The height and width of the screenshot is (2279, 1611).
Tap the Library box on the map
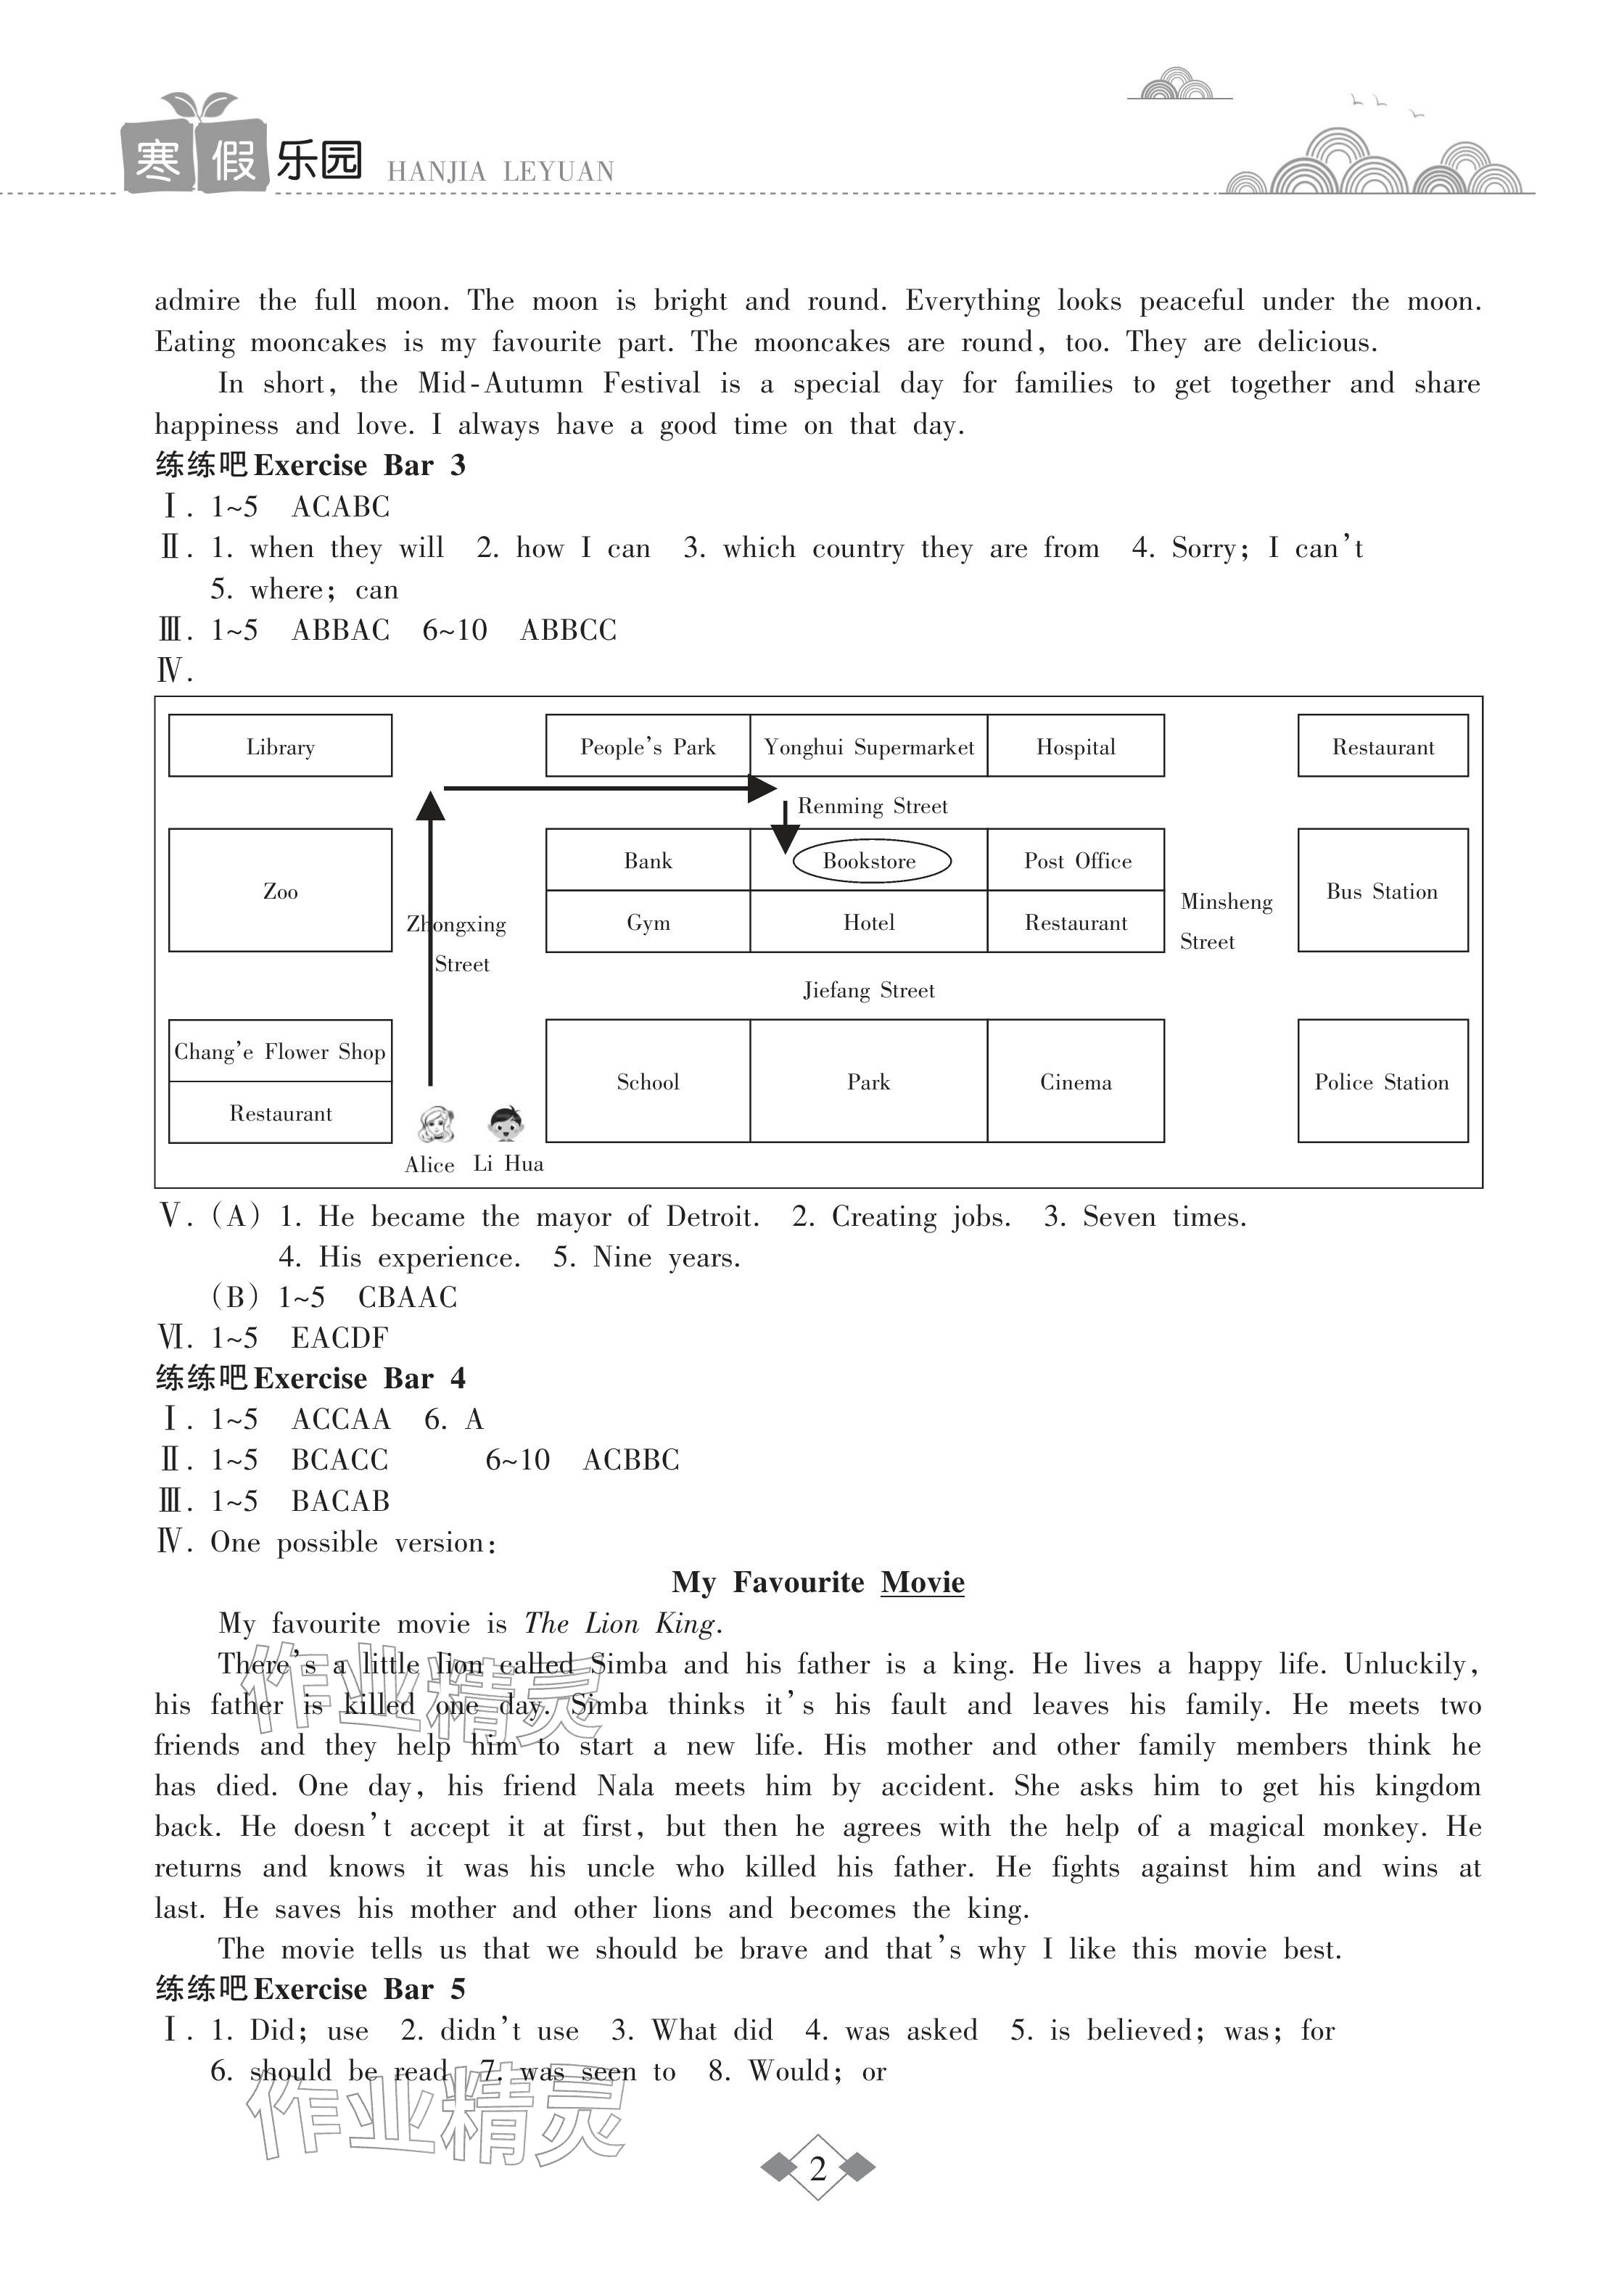pyautogui.click(x=280, y=746)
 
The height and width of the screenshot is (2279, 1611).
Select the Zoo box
pyautogui.click(x=280, y=891)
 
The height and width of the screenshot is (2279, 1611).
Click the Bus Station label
pyautogui.click(x=1382, y=891)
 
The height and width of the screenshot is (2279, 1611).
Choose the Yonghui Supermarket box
pyautogui.click(x=868, y=746)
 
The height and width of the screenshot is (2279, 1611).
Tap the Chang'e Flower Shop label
pyautogui.click(x=280, y=1051)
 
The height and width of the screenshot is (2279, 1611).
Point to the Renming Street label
pyautogui.click(x=873, y=806)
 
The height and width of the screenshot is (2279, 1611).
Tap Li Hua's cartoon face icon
pyautogui.click(x=506, y=1124)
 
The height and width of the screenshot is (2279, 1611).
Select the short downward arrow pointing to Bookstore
pyautogui.click(x=785, y=827)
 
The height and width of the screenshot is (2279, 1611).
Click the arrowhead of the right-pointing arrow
pyautogui.click(x=762, y=789)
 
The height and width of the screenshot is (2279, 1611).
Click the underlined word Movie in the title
pyautogui.click(x=922, y=1582)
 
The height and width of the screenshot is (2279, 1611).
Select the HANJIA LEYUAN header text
pyautogui.click(x=500, y=172)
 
